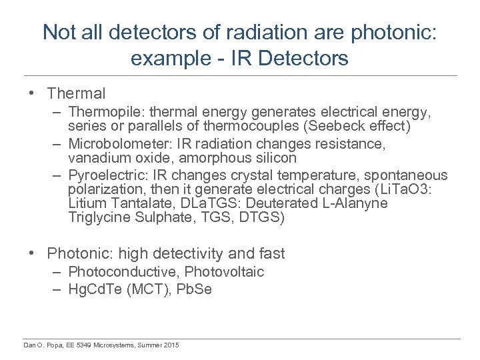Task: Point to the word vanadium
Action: (x=98, y=158)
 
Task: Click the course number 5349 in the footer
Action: (x=83, y=345)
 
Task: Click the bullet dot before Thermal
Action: (x=32, y=94)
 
